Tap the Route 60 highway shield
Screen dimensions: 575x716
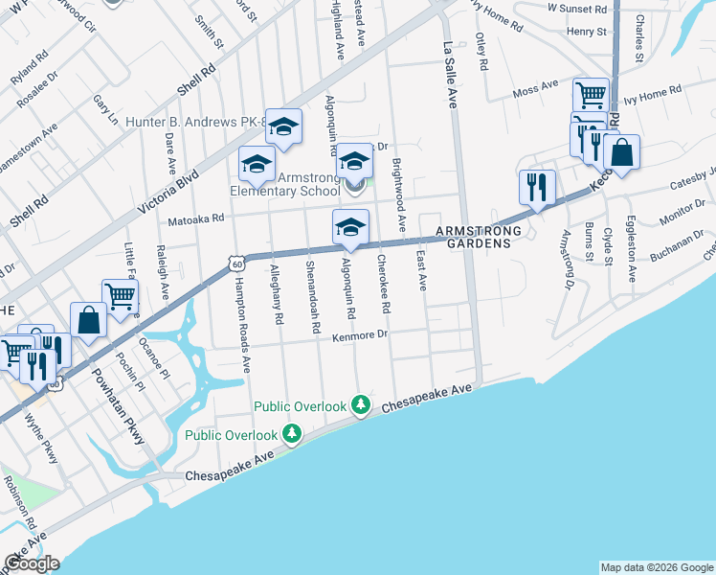tap(235, 262)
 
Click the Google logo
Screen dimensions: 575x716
tap(32, 563)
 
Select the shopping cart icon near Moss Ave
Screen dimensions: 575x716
tap(591, 95)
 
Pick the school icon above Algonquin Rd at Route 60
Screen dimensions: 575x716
tap(350, 227)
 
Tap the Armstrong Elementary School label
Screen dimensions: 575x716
tap(284, 183)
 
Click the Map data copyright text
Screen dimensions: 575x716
tap(657, 567)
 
